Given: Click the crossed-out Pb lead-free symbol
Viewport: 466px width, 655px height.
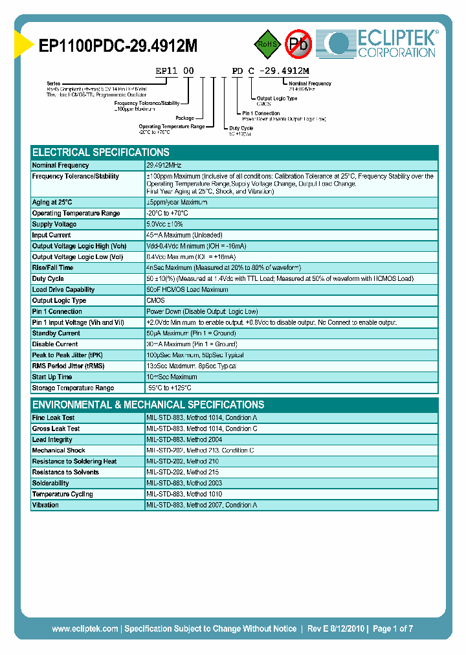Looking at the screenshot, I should [298, 44].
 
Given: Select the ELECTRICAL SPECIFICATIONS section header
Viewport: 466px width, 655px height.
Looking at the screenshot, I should [101, 153].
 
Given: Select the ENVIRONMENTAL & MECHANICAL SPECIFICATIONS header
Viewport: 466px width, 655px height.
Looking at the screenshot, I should [148, 405].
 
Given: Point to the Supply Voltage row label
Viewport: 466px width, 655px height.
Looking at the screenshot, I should [55, 224].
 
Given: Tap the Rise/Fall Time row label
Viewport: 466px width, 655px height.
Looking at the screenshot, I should [53, 267].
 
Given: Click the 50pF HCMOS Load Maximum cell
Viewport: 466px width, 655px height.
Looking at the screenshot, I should [187, 289].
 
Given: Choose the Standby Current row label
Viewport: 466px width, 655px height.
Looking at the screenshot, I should [56, 333].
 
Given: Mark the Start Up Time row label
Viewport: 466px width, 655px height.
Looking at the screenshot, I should [52, 377].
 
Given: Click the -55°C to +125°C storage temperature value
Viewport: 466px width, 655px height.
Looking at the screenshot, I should [169, 388].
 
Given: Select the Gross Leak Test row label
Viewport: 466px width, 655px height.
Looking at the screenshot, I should [56, 428].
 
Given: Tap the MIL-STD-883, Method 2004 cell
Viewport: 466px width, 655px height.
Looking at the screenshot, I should [184, 439].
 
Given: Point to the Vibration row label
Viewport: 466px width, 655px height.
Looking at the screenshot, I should [45, 505].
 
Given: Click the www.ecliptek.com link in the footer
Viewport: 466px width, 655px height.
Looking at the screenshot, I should [84, 628].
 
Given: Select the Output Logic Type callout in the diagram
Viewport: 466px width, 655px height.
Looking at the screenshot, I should [277, 98].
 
